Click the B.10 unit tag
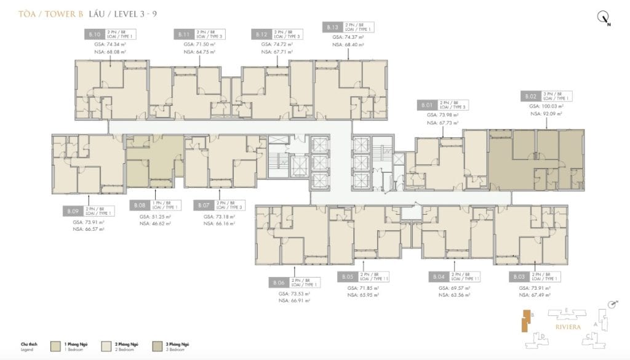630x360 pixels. tap(95, 34)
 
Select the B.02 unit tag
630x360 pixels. tap(531, 97)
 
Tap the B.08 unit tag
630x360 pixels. tap(140, 205)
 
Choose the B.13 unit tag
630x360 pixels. tap(333, 27)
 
